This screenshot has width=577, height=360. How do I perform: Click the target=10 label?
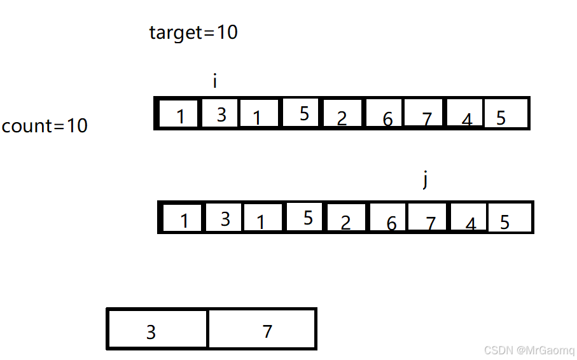point(193,32)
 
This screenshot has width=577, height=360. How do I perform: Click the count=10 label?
point(45,126)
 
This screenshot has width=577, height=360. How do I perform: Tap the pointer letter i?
point(215,81)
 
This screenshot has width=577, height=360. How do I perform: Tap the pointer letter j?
point(425,180)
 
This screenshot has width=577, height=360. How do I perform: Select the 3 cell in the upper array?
point(221,114)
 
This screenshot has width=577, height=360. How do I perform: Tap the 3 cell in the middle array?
point(225,219)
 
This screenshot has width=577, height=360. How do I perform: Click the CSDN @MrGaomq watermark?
point(529,350)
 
